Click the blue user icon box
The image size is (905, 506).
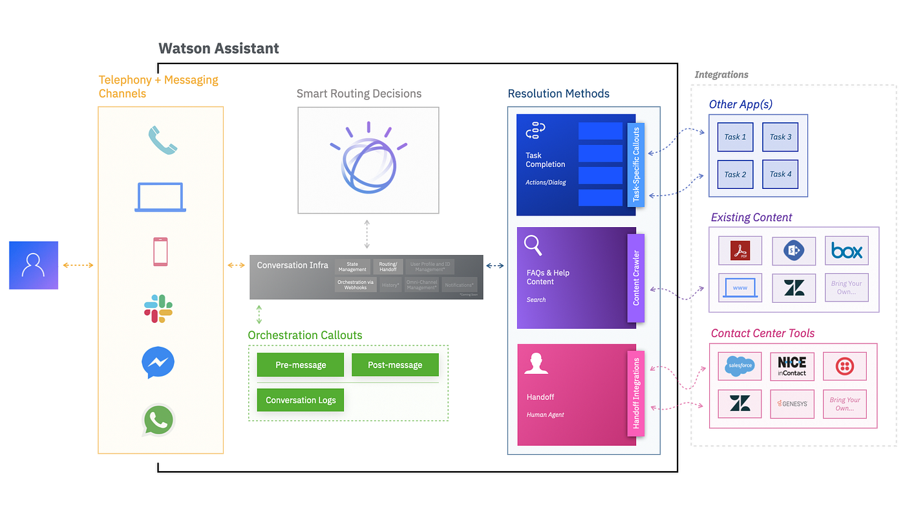click(34, 265)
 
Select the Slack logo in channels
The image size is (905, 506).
click(158, 309)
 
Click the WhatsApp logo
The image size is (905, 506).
click(158, 421)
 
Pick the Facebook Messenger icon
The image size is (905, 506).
click(158, 363)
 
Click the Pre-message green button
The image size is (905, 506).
click(301, 365)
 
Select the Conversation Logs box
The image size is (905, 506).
click(301, 400)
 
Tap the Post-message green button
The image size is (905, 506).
click(395, 365)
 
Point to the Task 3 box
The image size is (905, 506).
click(780, 137)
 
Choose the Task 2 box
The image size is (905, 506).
click(735, 174)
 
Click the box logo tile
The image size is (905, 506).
click(846, 250)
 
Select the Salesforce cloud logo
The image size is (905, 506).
click(740, 366)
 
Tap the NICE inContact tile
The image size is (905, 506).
click(792, 366)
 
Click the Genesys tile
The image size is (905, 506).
click(792, 403)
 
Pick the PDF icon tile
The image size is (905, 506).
click(740, 250)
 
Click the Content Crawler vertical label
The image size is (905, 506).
click(636, 278)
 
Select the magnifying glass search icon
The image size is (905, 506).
click(533, 246)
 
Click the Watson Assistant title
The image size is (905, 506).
click(218, 49)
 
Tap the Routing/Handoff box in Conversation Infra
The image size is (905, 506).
click(388, 267)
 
